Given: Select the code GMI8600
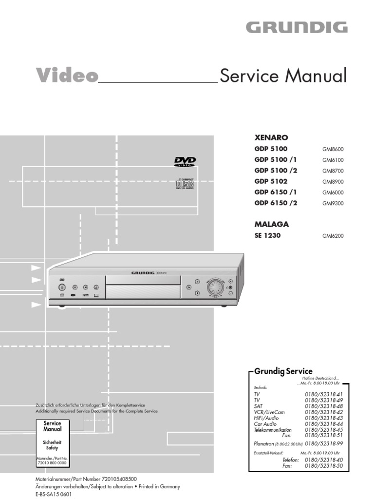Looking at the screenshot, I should pos(333,150).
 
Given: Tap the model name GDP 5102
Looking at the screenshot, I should pos(271,181).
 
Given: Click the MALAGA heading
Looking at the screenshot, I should pos(272,225).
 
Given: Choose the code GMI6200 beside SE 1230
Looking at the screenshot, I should pos(333,236).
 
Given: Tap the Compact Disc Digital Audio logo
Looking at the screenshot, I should pos(185,184).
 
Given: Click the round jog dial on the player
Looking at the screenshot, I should pos(215,288).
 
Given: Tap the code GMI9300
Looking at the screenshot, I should pos(333,203).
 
